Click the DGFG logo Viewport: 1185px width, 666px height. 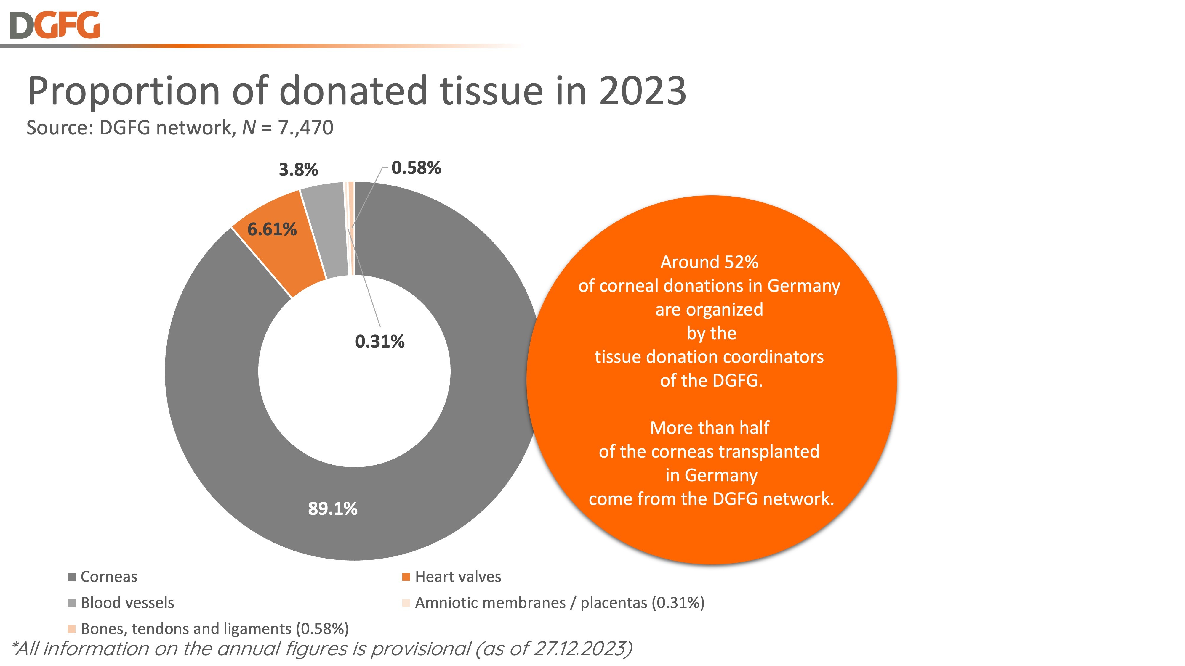(54, 25)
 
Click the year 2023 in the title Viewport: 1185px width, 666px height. (642, 91)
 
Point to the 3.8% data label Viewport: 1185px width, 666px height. (298, 170)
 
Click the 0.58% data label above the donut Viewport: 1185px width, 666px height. (416, 168)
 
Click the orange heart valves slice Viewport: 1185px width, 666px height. (281, 248)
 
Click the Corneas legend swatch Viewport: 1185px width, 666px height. (72, 577)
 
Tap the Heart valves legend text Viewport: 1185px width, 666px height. (458, 577)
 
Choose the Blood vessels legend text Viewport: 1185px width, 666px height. (127, 603)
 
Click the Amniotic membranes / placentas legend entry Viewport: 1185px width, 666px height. (559, 603)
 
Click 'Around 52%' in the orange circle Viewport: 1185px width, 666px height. (709, 262)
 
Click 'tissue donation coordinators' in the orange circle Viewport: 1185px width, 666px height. (709, 357)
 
